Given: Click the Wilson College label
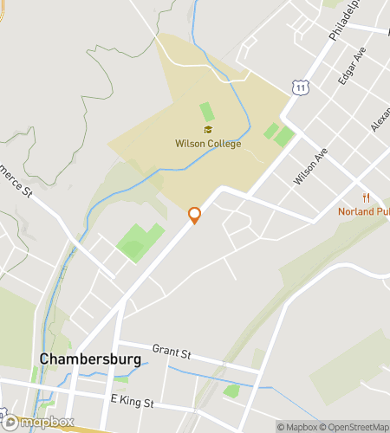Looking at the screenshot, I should click(x=207, y=143).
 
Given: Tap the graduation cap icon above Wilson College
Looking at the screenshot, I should click(x=208, y=130).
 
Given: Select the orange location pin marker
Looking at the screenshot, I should click(x=195, y=215).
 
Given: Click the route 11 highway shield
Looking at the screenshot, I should click(x=300, y=87).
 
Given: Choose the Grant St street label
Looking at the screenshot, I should click(x=171, y=351).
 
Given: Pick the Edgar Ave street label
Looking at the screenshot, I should click(x=354, y=63).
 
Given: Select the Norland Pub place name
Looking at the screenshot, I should click(x=363, y=211).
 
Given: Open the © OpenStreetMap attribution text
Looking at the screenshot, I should click(x=355, y=426).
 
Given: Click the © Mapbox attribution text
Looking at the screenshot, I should click(x=297, y=426).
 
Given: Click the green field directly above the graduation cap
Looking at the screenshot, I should click(x=206, y=112).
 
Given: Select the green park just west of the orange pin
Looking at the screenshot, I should click(x=137, y=241).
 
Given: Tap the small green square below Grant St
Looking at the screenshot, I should click(x=231, y=391).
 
